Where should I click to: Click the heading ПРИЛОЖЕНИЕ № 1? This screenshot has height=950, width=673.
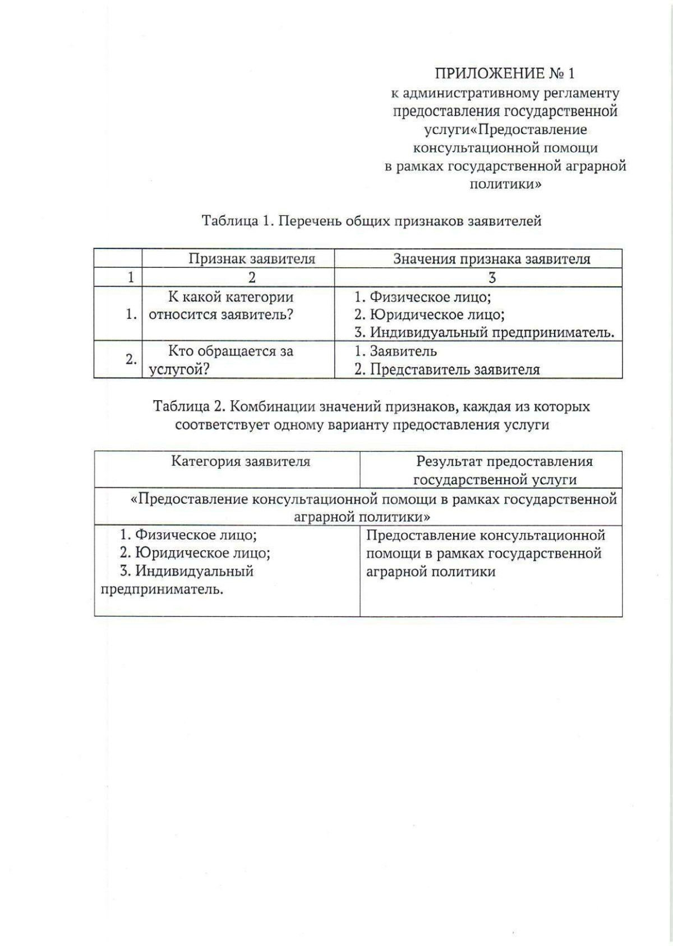tap(505, 73)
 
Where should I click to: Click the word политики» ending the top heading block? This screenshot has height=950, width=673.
tap(505, 184)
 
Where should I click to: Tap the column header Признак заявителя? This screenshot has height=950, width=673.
tap(251, 259)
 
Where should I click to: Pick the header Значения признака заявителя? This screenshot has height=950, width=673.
tap(491, 259)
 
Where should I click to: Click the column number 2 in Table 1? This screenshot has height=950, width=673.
tap(251, 277)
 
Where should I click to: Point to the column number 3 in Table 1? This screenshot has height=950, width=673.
tap(492, 277)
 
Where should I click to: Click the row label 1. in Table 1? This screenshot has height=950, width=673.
tap(132, 314)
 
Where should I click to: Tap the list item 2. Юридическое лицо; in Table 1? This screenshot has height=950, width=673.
tap(429, 314)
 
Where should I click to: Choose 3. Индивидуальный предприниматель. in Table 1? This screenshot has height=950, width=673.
tap(484, 332)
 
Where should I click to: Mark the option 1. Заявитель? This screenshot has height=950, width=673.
tap(395, 351)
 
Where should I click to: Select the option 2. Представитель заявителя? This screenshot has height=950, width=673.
tap(447, 370)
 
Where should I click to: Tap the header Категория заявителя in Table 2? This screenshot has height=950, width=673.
tap(240, 461)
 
